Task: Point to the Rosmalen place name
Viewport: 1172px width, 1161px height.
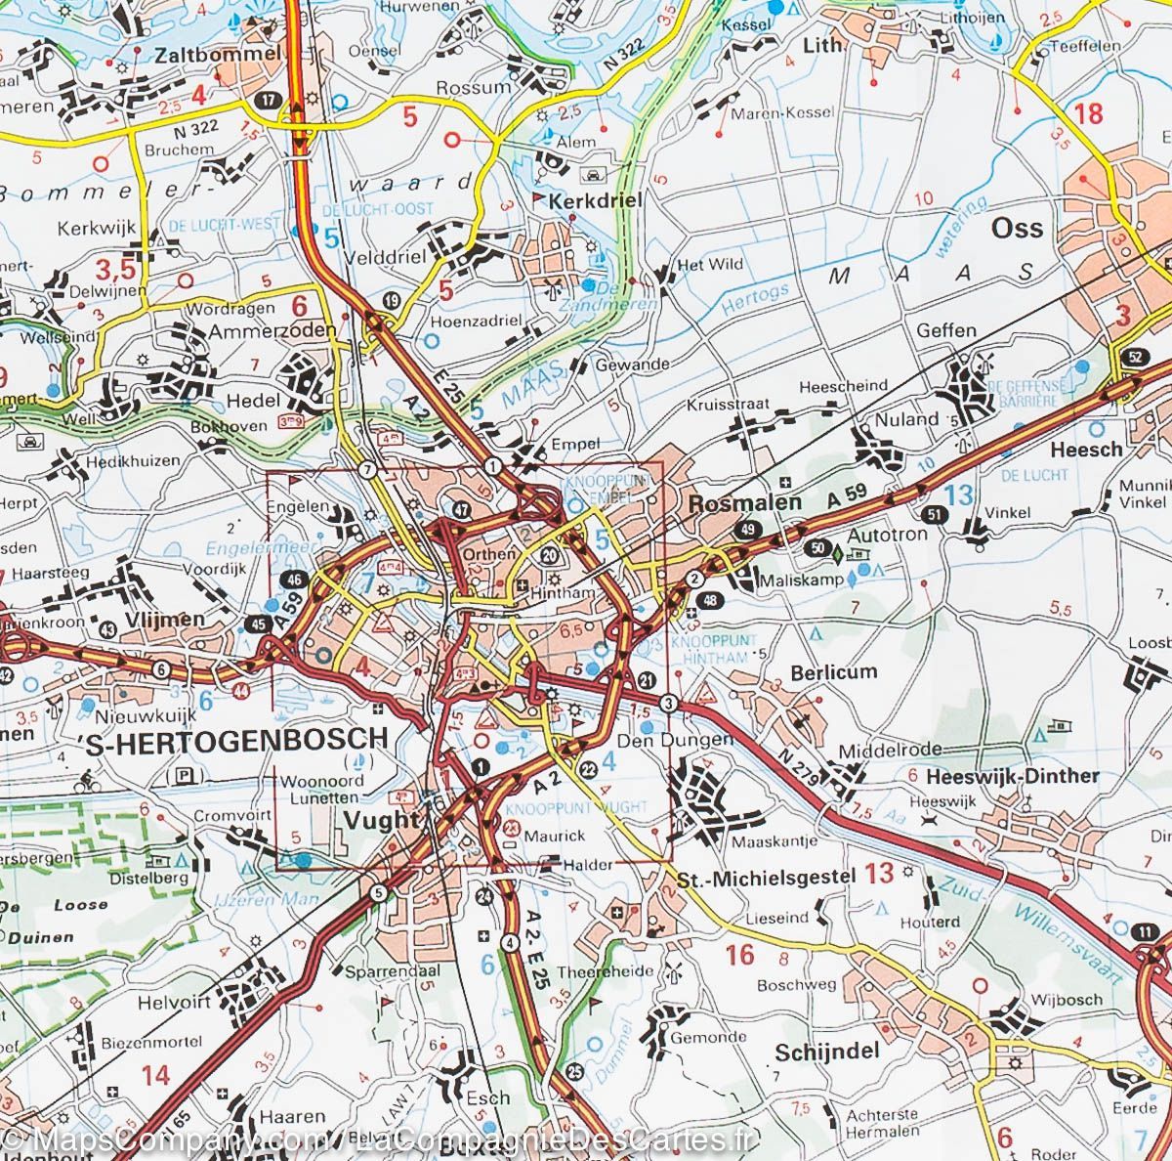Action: [744, 502]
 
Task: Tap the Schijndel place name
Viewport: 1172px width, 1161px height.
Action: [822, 1052]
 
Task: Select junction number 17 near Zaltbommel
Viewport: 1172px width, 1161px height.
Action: [268, 101]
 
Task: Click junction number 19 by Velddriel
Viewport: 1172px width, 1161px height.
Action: [392, 300]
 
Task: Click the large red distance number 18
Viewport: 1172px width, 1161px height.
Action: [1088, 113]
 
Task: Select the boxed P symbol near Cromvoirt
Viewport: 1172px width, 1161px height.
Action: [183, 776]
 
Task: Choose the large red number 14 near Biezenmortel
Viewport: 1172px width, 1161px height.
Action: [154, 1075]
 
